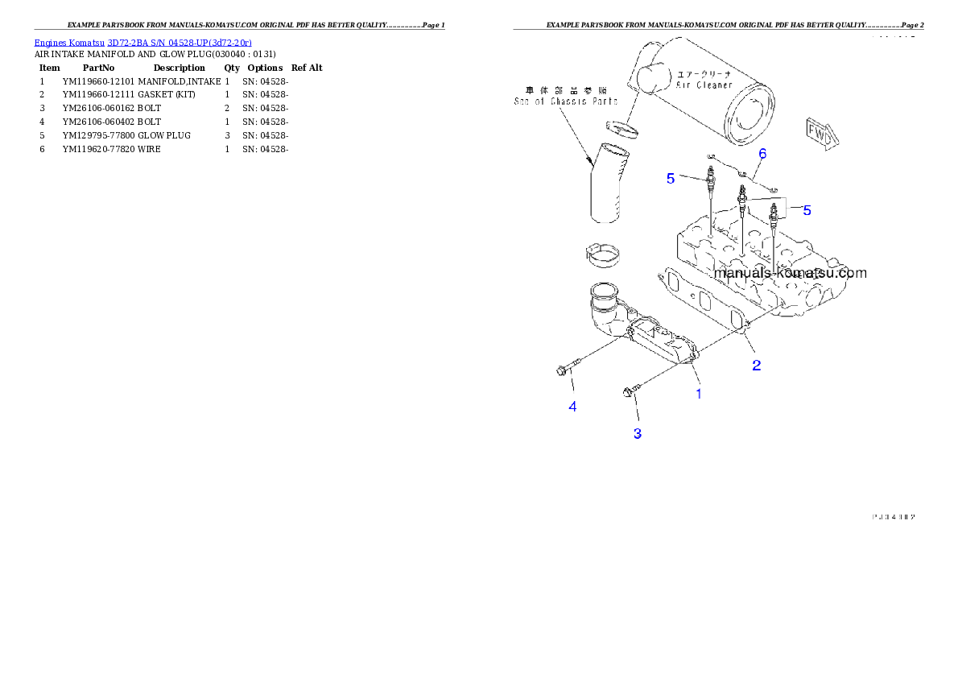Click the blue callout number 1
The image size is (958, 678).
coord(699,394)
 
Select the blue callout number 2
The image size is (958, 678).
coord(756,365)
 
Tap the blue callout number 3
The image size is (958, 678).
coord(637,433)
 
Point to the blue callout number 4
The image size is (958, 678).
coord(572,407)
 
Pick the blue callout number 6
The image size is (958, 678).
coord(762,153)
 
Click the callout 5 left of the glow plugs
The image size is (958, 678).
coord(671,179)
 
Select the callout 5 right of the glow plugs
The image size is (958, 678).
coord(807,210)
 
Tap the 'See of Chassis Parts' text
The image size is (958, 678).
coord(566,101)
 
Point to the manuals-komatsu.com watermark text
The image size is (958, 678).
coord(790,273)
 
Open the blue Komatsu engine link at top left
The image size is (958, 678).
coord(142,42)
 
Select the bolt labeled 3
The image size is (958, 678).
coord(630,391)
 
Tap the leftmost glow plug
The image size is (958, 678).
coord(711,181)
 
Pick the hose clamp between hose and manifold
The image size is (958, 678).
coord(602,255)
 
